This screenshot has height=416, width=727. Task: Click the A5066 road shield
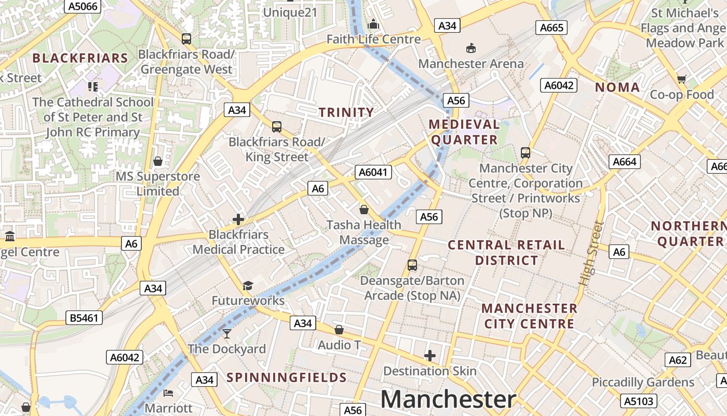83,6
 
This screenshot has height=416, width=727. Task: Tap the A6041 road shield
373,172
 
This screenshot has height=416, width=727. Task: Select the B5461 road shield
84,317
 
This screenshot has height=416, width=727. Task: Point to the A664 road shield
624,162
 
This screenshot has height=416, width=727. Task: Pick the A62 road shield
678,360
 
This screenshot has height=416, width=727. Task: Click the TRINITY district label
346,112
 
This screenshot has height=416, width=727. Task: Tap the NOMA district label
617,87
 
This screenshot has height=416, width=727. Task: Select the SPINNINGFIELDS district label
287,378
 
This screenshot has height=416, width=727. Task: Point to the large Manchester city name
448,399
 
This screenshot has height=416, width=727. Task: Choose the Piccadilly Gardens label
643,383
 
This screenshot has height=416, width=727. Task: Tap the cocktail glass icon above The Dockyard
227,333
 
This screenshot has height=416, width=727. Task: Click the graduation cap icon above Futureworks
248,285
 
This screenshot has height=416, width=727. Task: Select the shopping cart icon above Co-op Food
681,79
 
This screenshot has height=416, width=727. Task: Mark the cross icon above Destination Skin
429,356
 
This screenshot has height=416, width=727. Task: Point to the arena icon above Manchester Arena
470,48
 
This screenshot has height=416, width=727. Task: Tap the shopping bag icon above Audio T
339,330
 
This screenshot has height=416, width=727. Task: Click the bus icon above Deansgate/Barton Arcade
412,265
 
